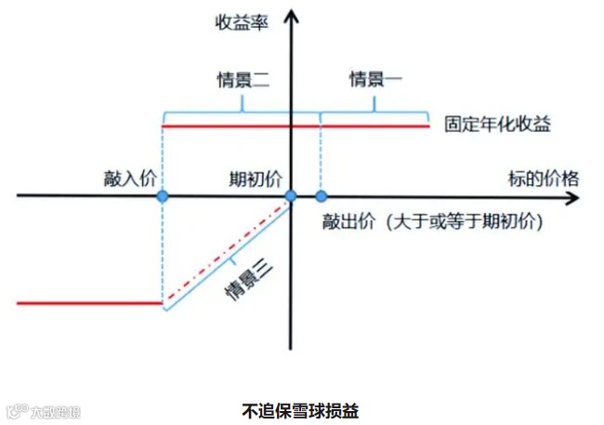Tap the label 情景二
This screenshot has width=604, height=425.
click(x=242, y=79)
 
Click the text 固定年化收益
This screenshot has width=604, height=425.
click(x=497, y=125)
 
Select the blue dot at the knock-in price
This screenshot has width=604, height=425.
click(x=163, y=196)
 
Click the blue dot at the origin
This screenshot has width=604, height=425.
click(x=290, y=196)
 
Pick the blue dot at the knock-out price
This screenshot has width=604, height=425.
click(x=322, y=196)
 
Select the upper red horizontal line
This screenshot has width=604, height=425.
click(x=372, y=125)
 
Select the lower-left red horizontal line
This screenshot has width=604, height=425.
click(x=88, y=302)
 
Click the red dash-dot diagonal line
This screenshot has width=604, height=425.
click(x=228, y=250)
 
